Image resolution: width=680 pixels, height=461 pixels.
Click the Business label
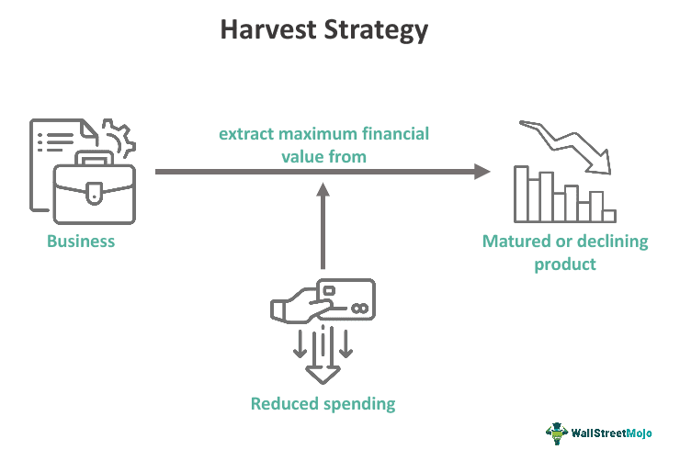81,242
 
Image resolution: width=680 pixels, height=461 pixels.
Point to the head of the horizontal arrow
482,171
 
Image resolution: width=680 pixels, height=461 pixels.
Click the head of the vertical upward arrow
323,189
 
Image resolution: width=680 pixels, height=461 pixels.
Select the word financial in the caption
396,134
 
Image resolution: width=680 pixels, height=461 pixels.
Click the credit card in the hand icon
345,299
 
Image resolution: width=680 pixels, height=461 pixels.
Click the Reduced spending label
323,403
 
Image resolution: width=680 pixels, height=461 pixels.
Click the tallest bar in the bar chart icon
522,194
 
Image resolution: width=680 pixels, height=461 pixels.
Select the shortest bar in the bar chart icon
608,216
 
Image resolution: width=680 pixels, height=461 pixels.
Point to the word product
565,264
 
